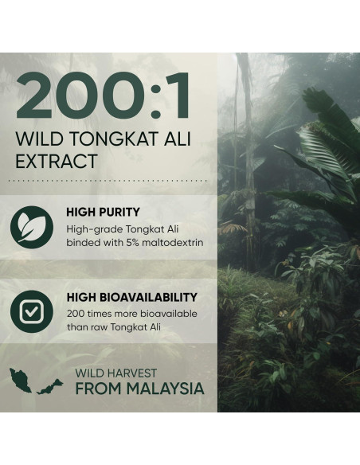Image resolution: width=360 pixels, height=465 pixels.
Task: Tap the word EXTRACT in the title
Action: point(57,162)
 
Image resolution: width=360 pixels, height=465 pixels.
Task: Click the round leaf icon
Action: point(32,225)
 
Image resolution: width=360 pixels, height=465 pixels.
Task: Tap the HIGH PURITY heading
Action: point(104,213)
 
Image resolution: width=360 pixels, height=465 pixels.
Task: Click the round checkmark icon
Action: point(32,311)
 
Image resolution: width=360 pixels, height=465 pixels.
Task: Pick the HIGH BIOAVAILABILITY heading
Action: point(132,297)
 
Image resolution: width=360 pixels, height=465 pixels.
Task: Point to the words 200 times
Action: point(90,313)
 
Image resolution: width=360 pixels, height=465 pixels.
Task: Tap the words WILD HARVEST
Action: point(116,373)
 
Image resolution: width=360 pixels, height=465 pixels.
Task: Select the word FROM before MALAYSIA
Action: point(93,389)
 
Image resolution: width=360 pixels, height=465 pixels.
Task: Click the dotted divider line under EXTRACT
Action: point(108,181)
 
